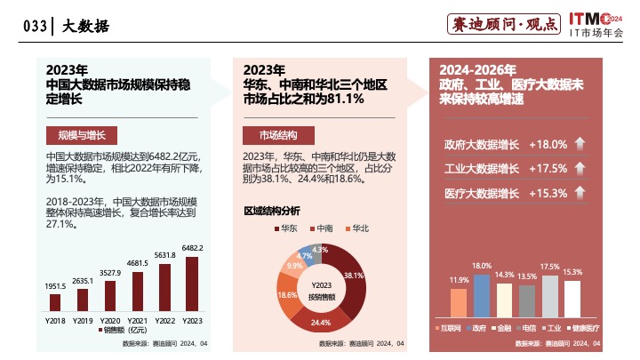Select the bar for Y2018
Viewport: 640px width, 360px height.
[55, 301]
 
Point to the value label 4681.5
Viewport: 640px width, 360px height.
[137, 263]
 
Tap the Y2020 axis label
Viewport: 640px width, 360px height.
[110, 319]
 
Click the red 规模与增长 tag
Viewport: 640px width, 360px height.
[76, 135]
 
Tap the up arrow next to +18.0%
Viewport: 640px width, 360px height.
[580, 145]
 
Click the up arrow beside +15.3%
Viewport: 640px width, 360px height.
[580, 194]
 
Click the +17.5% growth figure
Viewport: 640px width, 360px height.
[548, 169]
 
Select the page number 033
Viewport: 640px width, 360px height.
[35, 27]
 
